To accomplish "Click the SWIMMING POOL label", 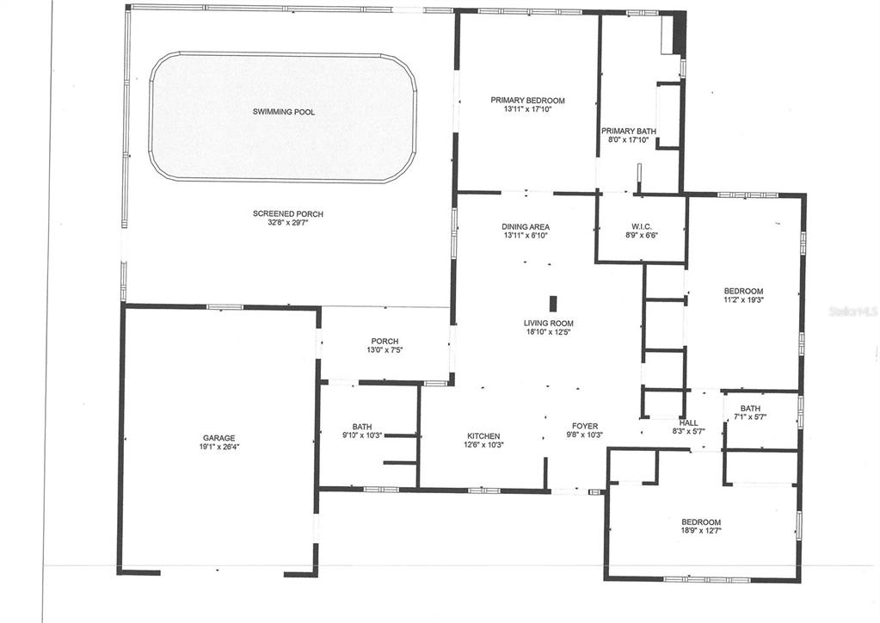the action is point(283,112).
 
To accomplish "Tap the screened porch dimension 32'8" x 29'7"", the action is point(288,222).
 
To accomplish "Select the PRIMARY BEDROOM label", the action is point(527,101).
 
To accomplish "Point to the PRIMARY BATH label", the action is point(629,132).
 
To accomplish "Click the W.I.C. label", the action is point(642,227).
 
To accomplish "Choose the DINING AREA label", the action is point(526,227).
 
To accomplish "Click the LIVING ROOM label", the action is point(548,324).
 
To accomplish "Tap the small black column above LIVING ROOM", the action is point(554,303).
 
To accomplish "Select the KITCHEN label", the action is point(483,436).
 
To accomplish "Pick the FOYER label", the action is point(585,426).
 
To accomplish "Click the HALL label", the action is point(689,423).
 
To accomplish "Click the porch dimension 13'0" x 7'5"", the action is point(385,350).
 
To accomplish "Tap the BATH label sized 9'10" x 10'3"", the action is point(362,427).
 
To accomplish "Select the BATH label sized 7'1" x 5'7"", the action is point(750,409).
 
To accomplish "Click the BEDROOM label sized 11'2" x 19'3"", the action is point(743,291).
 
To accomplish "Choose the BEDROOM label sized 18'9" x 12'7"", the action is point(701,522).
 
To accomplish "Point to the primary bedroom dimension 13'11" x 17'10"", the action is point(527,109).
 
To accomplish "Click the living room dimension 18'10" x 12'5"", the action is point(548,332).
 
